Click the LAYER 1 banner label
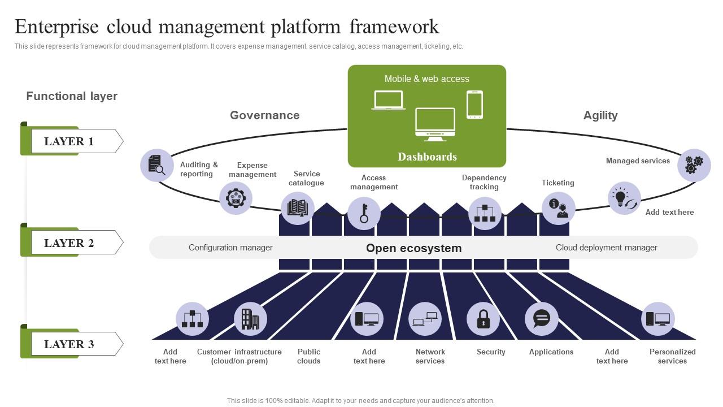coord(69,141)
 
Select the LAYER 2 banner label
coord(69,243)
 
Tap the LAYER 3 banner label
coord(69,344)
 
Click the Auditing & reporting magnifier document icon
coord(156,165)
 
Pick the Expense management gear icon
coord(236,198)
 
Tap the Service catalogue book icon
coord(298,208)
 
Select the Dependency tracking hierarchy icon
coord(485,213)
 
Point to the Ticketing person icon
coord(558,208)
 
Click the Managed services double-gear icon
coord(694,165)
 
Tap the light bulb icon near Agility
coord(624,198)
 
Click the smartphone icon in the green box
coord(474,105)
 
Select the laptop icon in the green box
coord(388,101)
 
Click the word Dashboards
coord(427,157)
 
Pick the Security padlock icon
coord(483,319)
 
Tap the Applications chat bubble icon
coord(541,319)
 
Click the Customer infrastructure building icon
coord(250,319)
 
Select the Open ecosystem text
coord(413,248)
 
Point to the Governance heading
coord(264,115)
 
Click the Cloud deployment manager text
coord(606,248)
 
